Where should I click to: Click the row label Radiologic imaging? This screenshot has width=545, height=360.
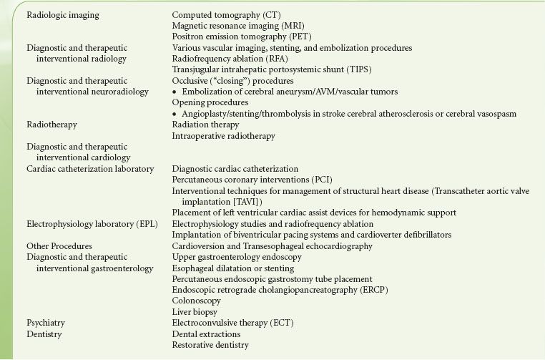pyautogui.click(x=63, y=15)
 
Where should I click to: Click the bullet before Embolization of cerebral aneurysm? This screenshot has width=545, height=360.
pyautogui.click(x=175, y=92)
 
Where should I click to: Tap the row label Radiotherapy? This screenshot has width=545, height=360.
pyautogui.click(x=51, y=125)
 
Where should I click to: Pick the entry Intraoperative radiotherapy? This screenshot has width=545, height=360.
pyautogui.click(x=223, y=135)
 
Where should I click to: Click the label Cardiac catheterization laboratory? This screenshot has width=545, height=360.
pyautogui.click(x=90, y=169)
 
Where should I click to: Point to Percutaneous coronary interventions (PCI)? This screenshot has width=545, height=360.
pyautogui.click(x=252, y=180)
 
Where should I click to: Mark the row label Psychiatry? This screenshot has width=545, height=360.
pyautogui.click(x=46, y=323)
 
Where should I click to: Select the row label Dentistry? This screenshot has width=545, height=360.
pyautogui.click(x=44, y=334)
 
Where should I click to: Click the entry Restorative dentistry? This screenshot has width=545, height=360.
pyautogui.click(x=210, y=345)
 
